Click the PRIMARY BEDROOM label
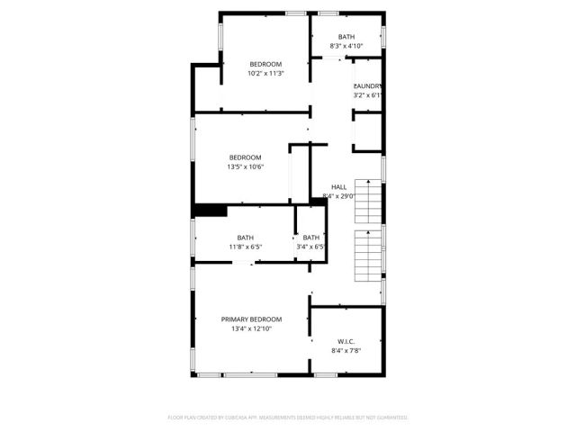252,319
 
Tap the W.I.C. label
346,341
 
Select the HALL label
339,187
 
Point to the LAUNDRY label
368,86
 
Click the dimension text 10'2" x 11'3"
265,74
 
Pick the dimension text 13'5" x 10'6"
245,166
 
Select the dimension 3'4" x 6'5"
310,247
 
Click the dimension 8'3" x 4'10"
346,46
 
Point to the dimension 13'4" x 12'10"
252,329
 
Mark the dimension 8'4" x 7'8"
346,351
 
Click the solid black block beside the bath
210,211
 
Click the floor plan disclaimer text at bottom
288,418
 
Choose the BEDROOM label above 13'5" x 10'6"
245,157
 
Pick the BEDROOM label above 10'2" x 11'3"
265,64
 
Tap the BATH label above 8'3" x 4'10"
346,37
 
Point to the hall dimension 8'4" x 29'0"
339,196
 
